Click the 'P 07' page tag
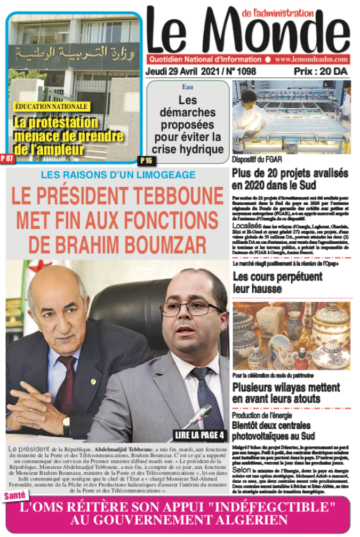[x=8, y=158]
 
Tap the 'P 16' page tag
[x=146, y=159]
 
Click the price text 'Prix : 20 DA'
[x=320, y=71]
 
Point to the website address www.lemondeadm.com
[x=312, y=60]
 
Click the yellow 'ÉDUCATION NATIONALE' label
[x=51, y=107]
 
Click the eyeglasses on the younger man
[x=192, y=308]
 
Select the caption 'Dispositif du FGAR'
[x=257, y=159]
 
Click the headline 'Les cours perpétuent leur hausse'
[x=277, y=282]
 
